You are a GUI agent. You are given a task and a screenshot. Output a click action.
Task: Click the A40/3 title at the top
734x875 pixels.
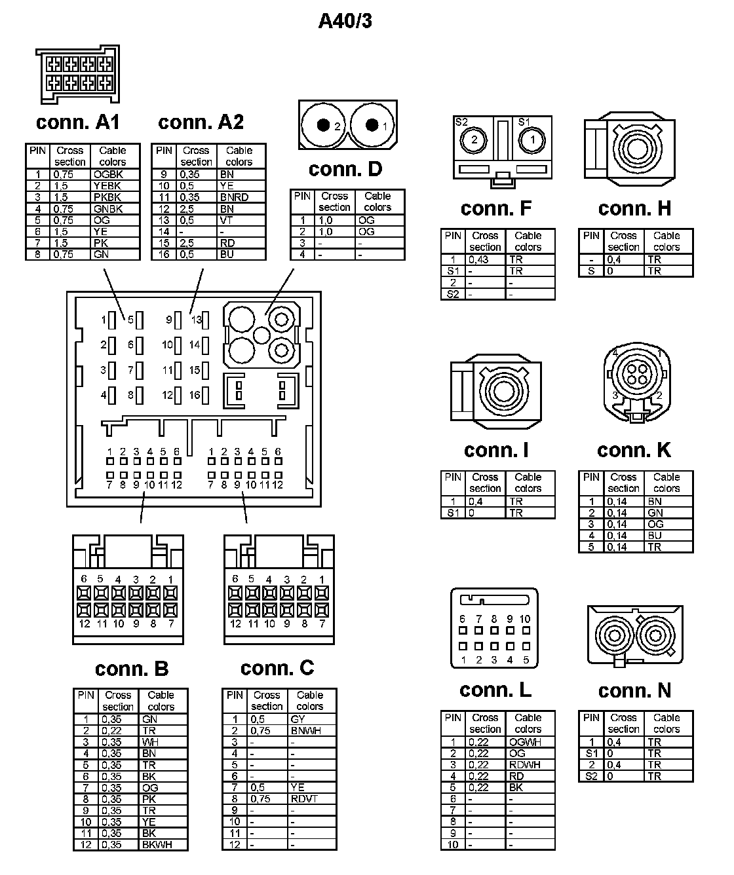tap(345, 21)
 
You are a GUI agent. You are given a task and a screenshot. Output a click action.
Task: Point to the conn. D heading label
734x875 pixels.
tap(345, 169)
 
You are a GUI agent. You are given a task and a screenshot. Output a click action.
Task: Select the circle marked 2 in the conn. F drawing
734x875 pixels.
tap(474, 139)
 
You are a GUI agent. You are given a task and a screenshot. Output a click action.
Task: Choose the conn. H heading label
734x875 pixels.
tap(634, 208)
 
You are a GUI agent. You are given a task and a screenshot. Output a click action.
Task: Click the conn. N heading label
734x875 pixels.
tap(634, 690)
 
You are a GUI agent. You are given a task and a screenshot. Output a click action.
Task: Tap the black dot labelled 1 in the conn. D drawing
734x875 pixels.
tap(372, 125)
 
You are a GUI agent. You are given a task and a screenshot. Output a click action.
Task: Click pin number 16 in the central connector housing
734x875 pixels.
tap(195, 395)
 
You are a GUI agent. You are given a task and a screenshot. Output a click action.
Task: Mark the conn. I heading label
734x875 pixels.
tap(495, 450)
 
